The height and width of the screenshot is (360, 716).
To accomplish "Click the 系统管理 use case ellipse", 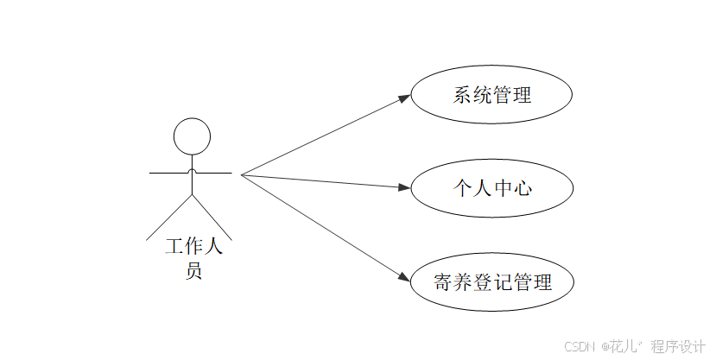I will (491, 95).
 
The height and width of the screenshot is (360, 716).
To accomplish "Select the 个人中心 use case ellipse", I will (491, 187).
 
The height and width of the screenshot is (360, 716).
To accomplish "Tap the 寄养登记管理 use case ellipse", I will (491, 281).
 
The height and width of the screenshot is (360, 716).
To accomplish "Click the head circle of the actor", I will (192, 136).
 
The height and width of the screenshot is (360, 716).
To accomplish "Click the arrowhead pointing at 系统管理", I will (404, 98).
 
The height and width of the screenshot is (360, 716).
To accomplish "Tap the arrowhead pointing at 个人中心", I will (403, 186).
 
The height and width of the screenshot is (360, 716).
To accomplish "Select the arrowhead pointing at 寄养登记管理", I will (404, 277).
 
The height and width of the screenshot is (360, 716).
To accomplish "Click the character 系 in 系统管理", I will (462, 95).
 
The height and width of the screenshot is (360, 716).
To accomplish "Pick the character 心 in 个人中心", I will (522, 187).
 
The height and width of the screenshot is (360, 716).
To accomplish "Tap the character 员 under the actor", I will (194, 271).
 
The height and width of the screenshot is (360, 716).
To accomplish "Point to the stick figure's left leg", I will (170, 217).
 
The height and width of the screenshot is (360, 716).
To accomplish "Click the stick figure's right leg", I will (212, 216).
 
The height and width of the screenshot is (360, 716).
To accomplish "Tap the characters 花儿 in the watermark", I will (624, 346).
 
